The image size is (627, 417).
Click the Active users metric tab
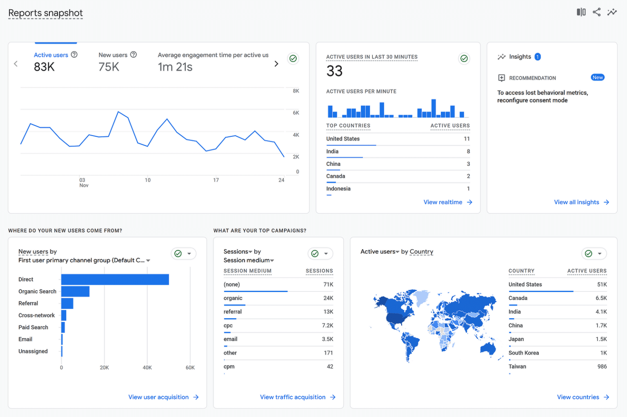tap(51, 55)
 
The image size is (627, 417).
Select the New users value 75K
tap(109, 67)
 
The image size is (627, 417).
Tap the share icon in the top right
tap(596, 12)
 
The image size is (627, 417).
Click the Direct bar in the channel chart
tap(115, 279)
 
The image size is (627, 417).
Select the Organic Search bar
tap(75, 291)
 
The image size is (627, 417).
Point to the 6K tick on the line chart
tap(296, 113)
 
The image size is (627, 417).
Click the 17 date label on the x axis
tap(216, 180)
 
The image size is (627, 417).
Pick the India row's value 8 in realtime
tap(468, 152)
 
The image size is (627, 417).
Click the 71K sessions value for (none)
tap(328, 285)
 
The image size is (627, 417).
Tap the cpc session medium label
tap(228, 326)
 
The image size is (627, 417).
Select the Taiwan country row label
tap(517, 366)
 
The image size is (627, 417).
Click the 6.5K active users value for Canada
tap(601, 298)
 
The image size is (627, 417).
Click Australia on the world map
tap(487, 348)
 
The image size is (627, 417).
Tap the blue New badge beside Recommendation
tap(598, 78)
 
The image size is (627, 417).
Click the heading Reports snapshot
tap(45, 13)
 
